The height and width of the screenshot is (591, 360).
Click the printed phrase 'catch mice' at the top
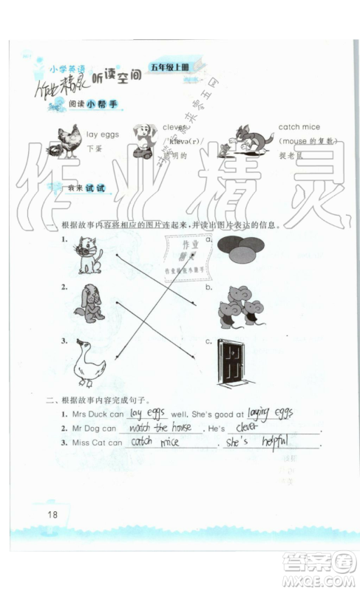point(299,127)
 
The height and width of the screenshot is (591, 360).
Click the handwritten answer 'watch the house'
point(160,428)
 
